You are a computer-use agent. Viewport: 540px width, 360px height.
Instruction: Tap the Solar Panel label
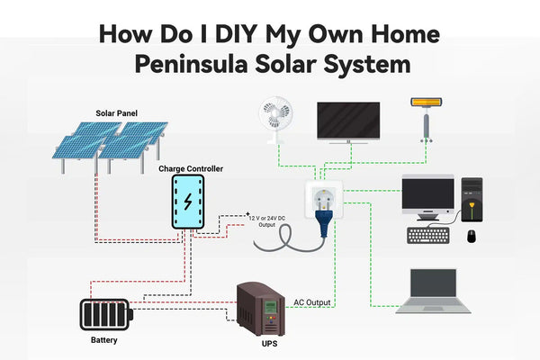click(x=117, y=113)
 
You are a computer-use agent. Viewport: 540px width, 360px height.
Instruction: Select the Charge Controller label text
click(x=190, y=168)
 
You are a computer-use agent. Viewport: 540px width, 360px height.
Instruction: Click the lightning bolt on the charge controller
click(x=188, y=201)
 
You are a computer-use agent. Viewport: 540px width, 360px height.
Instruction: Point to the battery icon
click(x=105, y=315)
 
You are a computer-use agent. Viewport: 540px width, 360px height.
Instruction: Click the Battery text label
click(x=103, y=341)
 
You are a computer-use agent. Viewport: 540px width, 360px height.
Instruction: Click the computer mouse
click(x=471, y=236)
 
